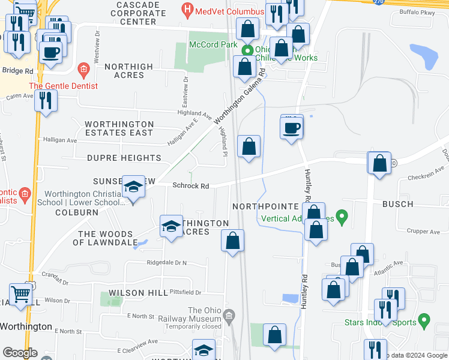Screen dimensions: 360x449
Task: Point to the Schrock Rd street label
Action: point(191,186)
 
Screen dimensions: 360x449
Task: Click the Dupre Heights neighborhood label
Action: point(124,158)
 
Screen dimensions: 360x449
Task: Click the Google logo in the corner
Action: point(20,353)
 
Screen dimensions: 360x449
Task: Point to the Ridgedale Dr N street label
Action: point(167,263)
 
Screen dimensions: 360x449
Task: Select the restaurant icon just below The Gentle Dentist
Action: point(46,100)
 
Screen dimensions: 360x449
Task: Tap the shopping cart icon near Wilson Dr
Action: point(21,295)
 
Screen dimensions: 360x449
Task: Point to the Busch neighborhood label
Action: point(397,204)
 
